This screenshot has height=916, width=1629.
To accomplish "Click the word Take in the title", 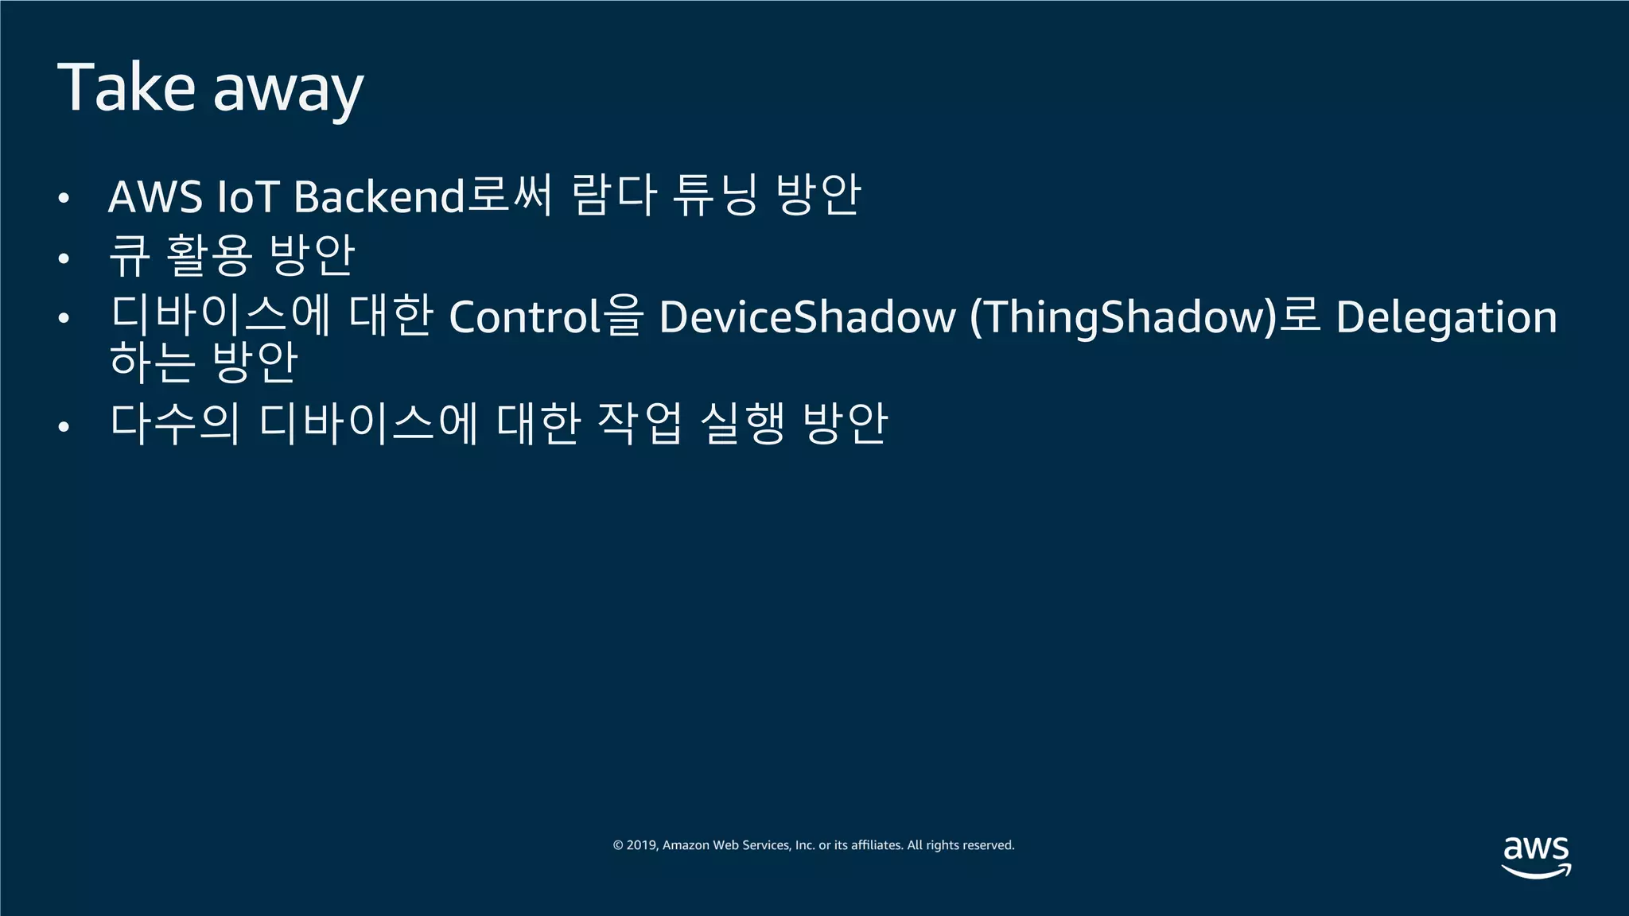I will (x=126, y=87).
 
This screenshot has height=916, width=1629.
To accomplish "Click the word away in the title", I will (x=288, y=91).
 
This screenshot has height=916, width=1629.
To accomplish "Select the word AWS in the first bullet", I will (x=155, y=196).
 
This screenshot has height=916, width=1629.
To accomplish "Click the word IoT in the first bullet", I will (x=247, y=196).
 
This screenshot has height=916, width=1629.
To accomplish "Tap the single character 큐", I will (x=129, y=256).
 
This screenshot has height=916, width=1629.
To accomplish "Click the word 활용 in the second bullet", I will (x=209, y=256).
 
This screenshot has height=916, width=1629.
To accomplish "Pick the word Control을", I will (x=546, y=316).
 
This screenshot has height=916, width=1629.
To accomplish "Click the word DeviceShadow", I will (x=807, y=316).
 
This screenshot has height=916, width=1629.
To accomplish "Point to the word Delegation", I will (x=1446, y=316).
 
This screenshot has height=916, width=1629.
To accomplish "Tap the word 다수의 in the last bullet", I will (x=175, y=423).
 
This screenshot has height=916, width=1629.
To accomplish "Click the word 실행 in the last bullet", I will (x=742, y=423).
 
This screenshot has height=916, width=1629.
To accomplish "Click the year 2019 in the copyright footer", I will (x=641, y=845).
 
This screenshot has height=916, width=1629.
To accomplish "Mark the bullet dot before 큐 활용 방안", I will (x=64, y=258).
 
